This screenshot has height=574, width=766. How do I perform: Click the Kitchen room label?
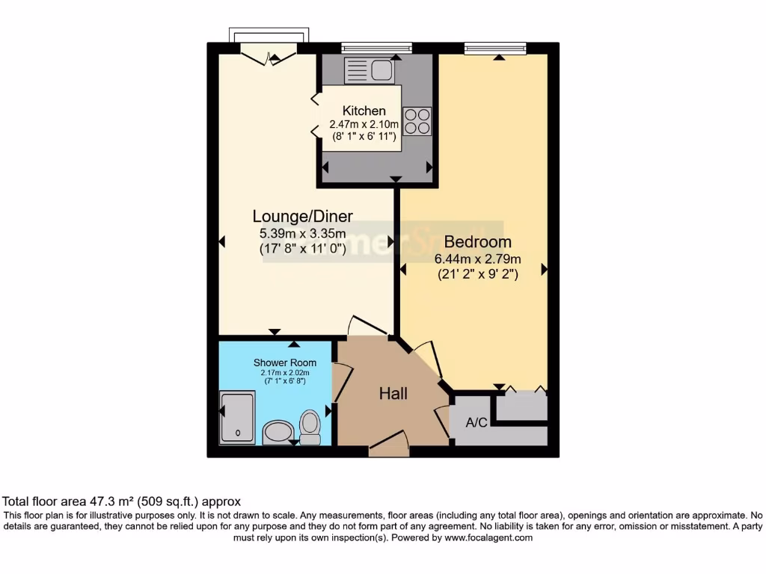[364, 111]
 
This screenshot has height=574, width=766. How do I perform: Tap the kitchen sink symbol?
[369, 71]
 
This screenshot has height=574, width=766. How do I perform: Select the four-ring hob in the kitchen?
[417, 121]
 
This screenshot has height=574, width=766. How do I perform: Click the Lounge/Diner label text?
[302, 216]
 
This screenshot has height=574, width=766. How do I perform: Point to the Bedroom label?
[478, 242]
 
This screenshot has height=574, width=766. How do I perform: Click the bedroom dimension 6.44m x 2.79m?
[478, 259]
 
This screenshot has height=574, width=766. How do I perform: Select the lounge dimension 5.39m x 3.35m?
[302, 233]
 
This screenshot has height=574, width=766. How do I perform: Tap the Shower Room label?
[284, 363]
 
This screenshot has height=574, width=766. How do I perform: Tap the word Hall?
[393, 393]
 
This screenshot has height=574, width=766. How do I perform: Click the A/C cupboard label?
[477, 423]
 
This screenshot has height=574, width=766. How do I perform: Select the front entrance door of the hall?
[389, 445]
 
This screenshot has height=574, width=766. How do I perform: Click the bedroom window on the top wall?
[494, 49]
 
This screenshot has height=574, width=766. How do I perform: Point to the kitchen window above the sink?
[376, 49]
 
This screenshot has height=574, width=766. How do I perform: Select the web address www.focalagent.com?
[488, 537]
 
